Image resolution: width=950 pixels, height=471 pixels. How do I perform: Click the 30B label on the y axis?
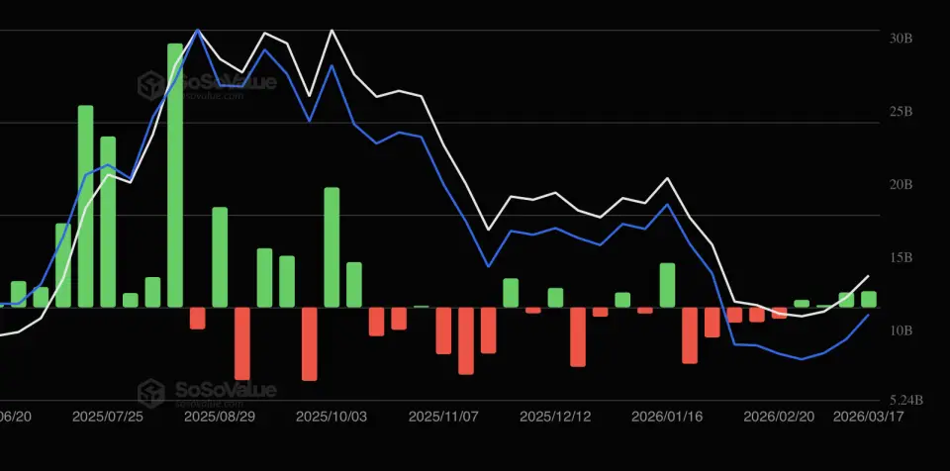(901, 39)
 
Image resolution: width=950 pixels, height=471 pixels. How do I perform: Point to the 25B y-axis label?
(901, 112)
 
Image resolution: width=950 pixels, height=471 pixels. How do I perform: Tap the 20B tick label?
(901, 185)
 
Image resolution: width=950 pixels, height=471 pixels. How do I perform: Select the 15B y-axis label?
(901, 258)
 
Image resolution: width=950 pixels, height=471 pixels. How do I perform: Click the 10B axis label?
(901, 330)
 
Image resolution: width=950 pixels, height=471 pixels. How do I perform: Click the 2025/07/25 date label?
(108, 418)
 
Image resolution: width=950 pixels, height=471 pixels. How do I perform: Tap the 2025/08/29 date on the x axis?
(220, 418)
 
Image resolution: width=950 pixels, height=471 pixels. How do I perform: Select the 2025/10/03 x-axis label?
(332, 418)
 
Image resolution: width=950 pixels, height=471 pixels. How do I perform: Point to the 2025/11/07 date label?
(443, 418)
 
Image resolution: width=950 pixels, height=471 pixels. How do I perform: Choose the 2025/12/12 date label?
(555, 418)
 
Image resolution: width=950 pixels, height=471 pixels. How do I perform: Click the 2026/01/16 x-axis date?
(667, 418)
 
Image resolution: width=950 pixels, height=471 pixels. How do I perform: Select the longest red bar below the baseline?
(241, 343)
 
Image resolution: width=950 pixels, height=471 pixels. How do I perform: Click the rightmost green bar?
(869, 299)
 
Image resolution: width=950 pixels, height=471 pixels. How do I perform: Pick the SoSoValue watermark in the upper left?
(207, 85)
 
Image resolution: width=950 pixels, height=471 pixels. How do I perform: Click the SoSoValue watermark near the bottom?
(207, 392)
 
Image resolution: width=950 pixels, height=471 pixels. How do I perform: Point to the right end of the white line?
(868, 276)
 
